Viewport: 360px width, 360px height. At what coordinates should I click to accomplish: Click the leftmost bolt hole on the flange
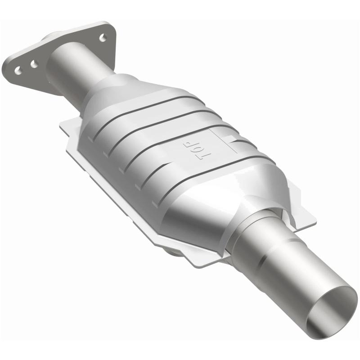[x=18, y=70]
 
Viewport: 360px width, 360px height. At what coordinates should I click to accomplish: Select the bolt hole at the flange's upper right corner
[x=103, y=38]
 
